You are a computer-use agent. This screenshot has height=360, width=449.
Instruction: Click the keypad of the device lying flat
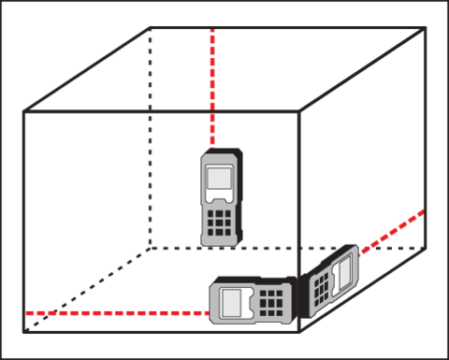point(270,302)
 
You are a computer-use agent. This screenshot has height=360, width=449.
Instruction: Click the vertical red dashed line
point(213,84)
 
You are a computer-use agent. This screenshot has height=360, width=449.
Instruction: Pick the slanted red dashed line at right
point(393,229)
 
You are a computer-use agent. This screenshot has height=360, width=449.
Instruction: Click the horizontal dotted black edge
point(178,248)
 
